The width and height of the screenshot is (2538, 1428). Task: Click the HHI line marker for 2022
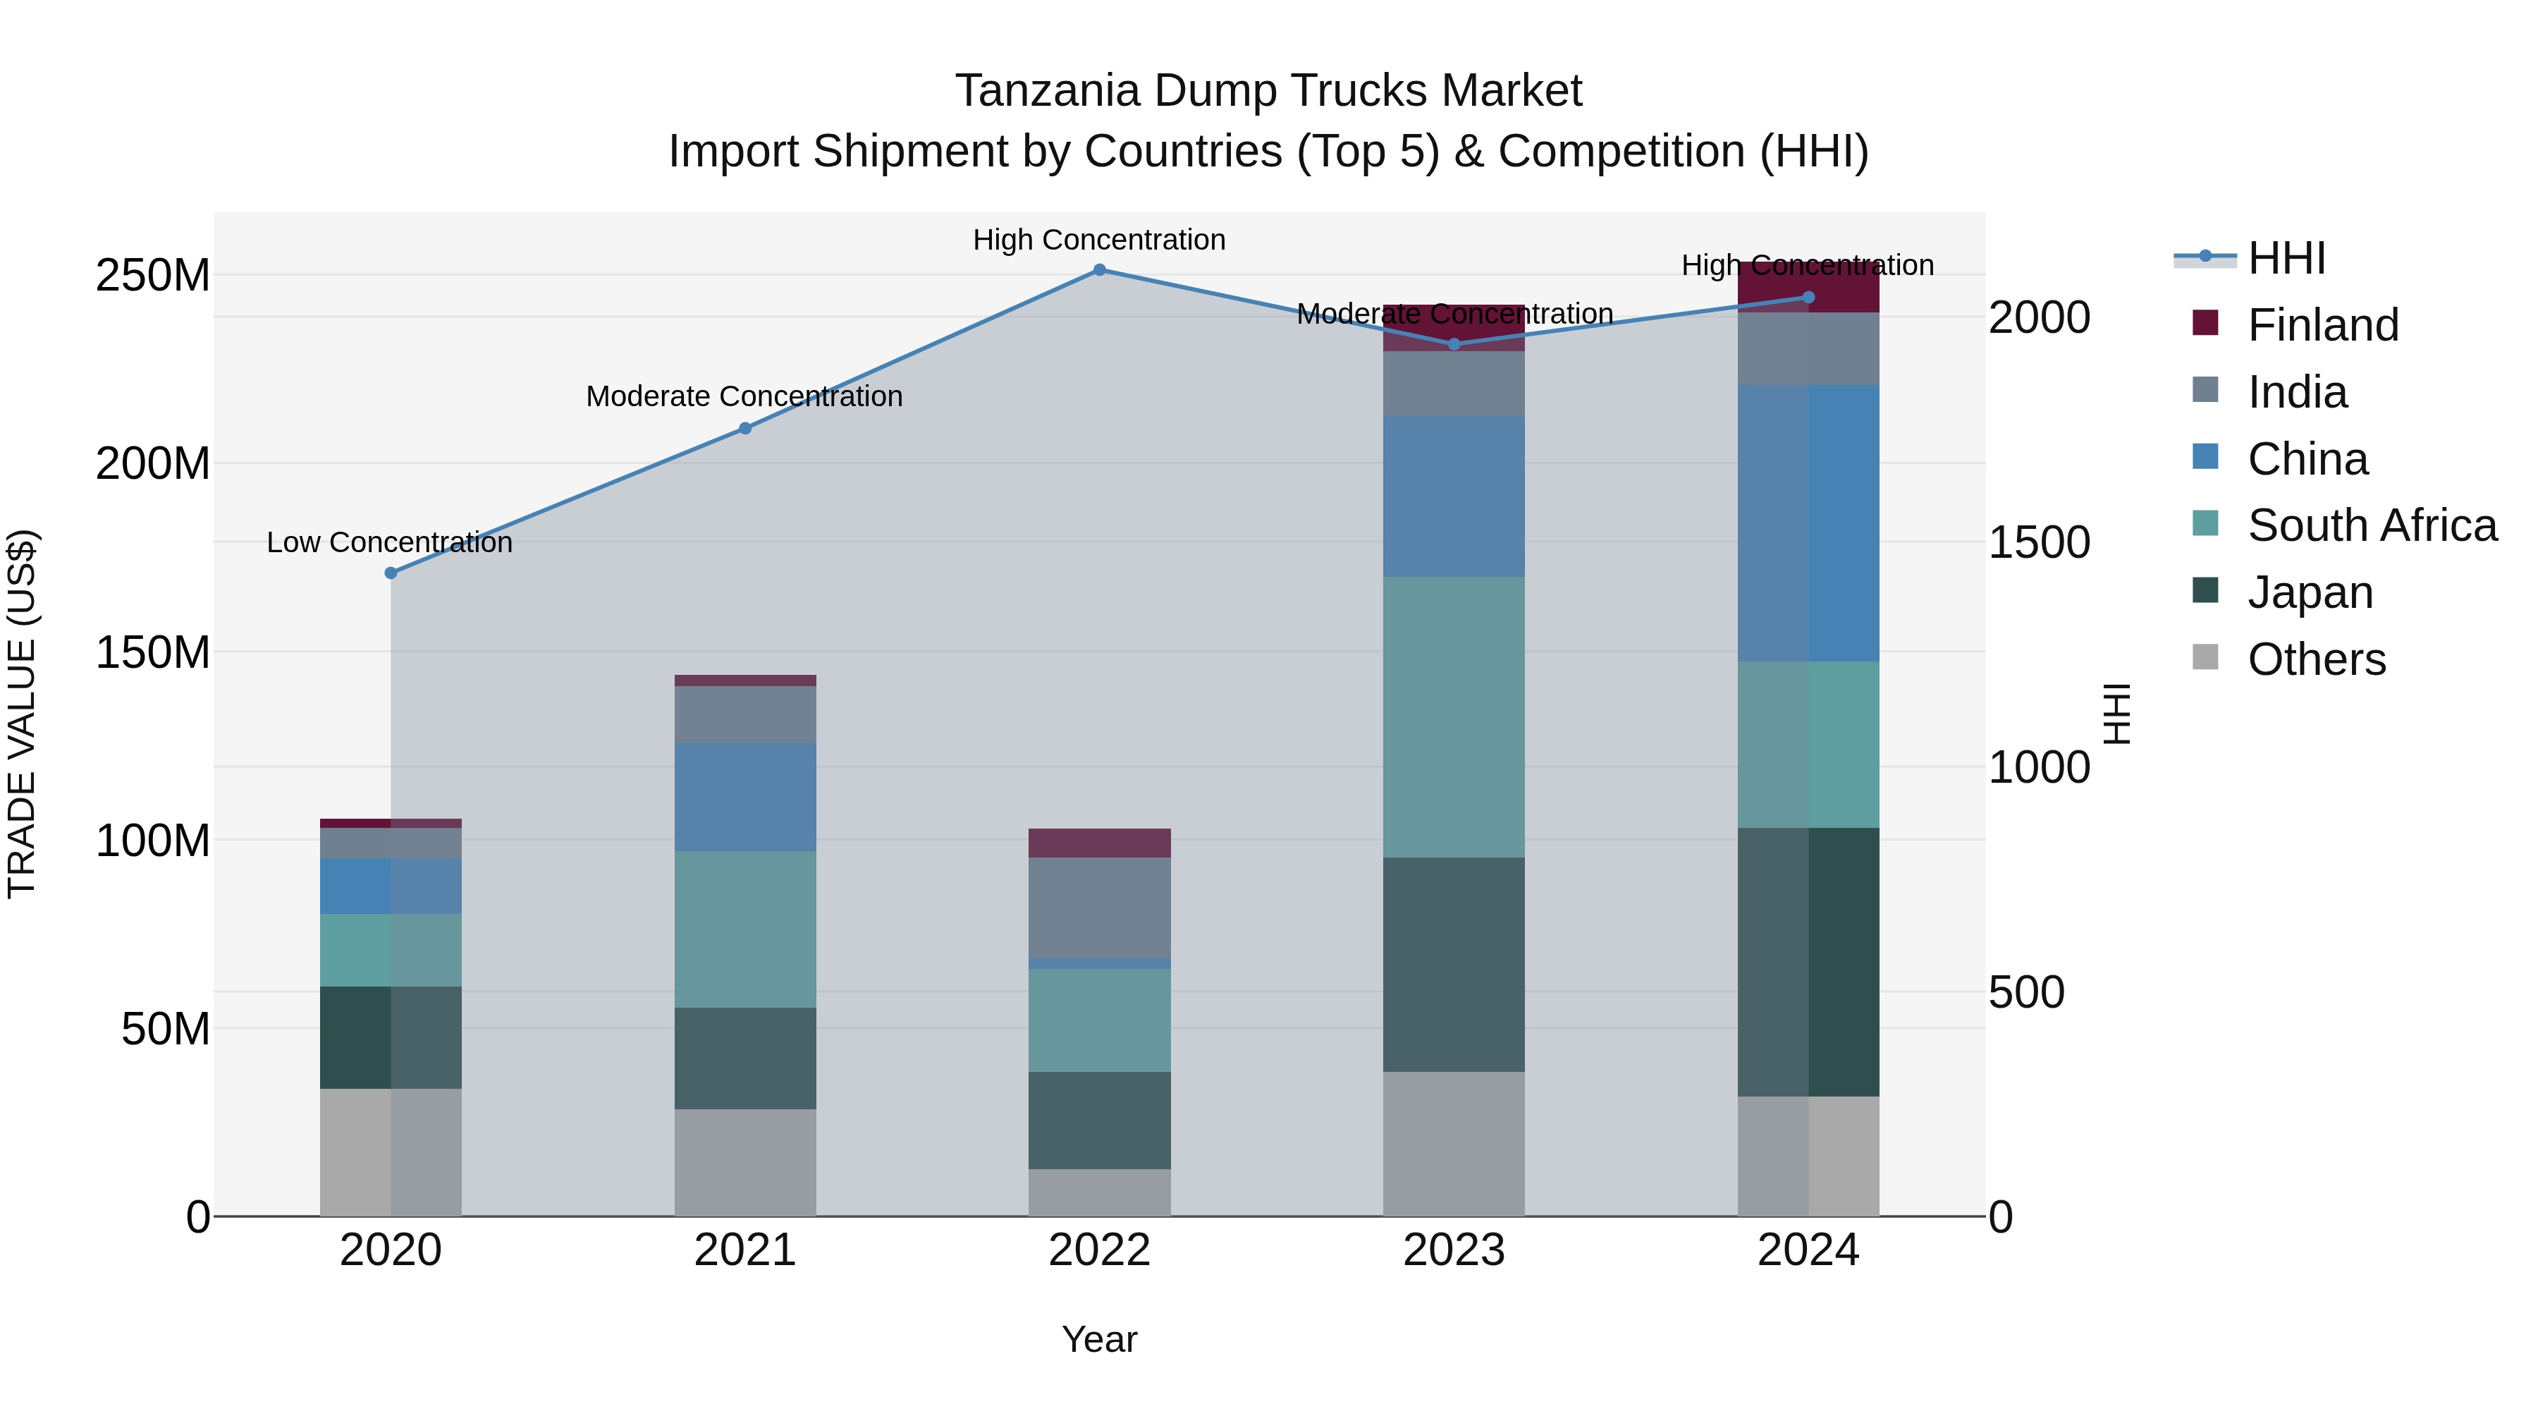coord(1100,270)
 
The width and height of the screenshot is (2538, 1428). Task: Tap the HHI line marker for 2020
coord(391,573)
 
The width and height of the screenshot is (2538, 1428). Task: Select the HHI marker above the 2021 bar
coord(745,429)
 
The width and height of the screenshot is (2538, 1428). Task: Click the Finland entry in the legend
coord(2322,325)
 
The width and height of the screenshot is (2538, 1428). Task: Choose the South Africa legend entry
coord(2372,525)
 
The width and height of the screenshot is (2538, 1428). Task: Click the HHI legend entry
coord(2286,258)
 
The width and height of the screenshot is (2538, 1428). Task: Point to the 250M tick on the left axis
coord(153,275)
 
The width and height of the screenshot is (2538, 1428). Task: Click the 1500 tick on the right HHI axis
coord(2038,542)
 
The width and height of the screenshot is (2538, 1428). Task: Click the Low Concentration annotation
coord(389,542)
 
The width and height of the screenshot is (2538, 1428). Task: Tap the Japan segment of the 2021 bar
coord(745,1058)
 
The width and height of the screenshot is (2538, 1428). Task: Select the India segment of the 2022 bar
coord(1100,907)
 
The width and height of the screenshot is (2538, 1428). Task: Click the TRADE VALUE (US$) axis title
coord(23,714)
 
